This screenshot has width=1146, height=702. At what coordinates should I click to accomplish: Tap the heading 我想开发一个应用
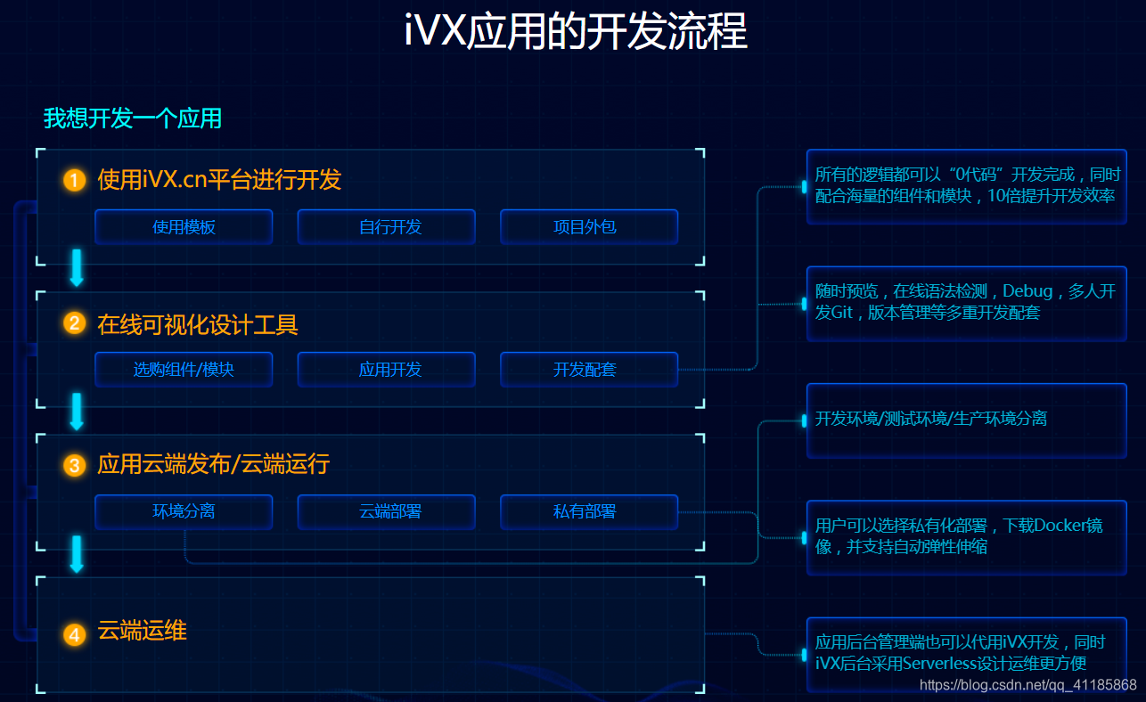(133, 118)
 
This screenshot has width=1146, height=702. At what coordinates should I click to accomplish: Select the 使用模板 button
(184, 227)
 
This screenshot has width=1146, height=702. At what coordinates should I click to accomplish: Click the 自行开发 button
(386, 227)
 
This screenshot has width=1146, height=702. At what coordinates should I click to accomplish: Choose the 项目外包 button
(589, 227)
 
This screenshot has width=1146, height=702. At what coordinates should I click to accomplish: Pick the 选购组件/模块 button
(184, 370)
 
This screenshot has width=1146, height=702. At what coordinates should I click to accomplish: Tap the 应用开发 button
(386, 370)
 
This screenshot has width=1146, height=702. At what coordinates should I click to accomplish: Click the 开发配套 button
(589, 370)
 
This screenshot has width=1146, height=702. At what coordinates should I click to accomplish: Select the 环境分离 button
(184, 512)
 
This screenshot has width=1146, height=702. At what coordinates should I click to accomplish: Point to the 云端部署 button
(386, 512)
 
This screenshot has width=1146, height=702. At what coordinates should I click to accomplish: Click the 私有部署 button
(589, 512)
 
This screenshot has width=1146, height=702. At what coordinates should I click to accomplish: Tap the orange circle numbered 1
(75, 181)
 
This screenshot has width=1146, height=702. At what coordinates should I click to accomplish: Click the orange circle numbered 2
(75, 322)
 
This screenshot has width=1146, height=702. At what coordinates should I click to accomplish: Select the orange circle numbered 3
(75, 465)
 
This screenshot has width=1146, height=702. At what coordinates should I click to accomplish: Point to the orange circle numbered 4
(75, 634)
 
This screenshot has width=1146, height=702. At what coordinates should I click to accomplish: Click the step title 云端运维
(142, 632)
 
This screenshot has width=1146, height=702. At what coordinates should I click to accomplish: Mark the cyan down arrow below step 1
(77, 267)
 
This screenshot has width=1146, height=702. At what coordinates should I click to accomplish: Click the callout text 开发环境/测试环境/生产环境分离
(930, 419)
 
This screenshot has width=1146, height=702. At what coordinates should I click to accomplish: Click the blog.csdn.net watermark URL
(1027, 685)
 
